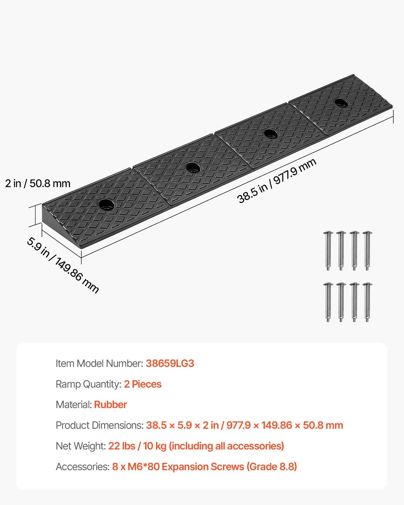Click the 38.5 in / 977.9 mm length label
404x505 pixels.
click(277, 181)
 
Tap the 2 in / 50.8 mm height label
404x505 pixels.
click(38, 183)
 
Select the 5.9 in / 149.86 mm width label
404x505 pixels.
click(63, 265)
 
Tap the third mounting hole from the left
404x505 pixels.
click(271, 134)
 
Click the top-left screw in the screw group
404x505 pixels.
click(328, 251)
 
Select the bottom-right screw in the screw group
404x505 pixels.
click(367, 302)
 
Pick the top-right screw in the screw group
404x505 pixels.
click(367, 251)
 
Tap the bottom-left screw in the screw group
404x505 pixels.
click(328, 302)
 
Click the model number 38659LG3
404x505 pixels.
click(170, 363)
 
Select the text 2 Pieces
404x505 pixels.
click(143, 384)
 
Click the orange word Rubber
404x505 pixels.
click(110, 405)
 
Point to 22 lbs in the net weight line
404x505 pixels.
click(122, 446)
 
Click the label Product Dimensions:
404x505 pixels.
click(100, 425)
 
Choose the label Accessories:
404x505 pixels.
click(82, 466)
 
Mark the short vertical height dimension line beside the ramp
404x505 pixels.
click(35, 215)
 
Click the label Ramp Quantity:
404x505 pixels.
click(88, 384)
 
